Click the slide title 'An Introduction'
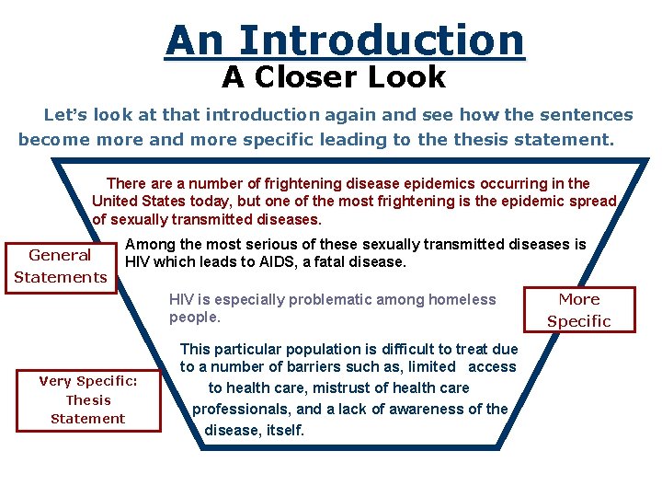coord(345,40)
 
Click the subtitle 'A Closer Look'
coord(334,78)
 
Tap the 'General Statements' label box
coord(61,266)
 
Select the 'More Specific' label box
coord(578,310)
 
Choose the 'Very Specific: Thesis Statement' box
coord(88,400)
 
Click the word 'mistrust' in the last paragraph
coord(341,388)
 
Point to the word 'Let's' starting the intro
coord(64,116)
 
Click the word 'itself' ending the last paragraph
coord(283,430)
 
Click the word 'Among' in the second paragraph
coord(147,244)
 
